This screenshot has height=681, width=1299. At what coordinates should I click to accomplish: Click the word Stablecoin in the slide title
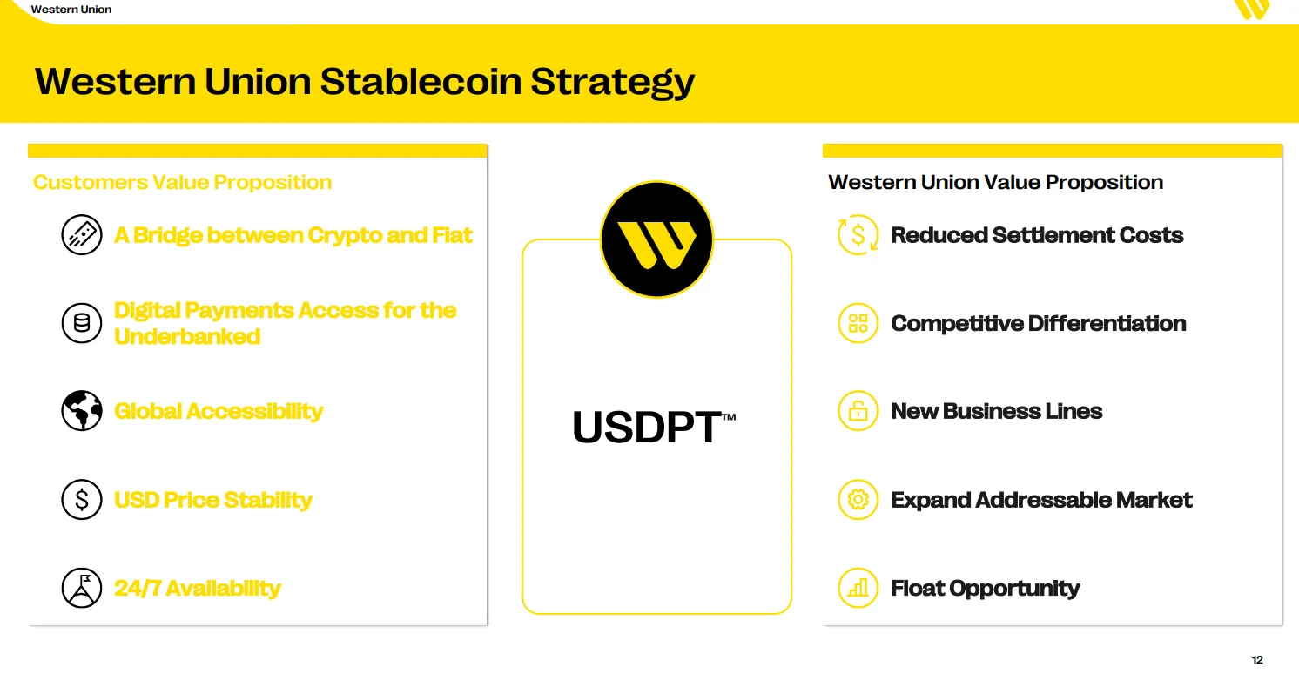pos(420,81)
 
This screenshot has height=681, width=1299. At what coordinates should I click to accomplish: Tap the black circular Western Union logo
pos(656,239)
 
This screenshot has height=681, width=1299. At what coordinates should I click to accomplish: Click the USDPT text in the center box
pos(647,428)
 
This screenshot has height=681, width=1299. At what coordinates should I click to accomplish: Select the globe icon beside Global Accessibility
pos(82,411)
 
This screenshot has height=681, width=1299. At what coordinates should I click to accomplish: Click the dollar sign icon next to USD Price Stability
pos(82,500)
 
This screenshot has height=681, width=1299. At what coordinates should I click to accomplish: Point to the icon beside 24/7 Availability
pos(82,588)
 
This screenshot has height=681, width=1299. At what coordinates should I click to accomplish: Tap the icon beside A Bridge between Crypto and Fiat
pos(82,235)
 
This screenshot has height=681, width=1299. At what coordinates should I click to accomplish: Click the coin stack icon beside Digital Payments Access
pos(82,323)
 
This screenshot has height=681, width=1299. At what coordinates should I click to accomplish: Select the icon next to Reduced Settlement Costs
pos(858,235)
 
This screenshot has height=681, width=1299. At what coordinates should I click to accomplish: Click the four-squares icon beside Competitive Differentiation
pos(858,323)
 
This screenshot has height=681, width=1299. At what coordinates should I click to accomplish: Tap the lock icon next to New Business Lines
pos(858,411)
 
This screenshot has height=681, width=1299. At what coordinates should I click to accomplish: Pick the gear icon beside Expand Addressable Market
pos(858,500)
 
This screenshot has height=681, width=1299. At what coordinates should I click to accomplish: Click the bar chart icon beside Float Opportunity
pos(858,588)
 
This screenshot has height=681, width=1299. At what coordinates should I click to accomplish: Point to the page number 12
pos(1257,659)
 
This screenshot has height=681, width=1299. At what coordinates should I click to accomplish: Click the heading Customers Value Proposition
pos(183,183)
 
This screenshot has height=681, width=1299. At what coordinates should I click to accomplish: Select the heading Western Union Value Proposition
pos(996,183)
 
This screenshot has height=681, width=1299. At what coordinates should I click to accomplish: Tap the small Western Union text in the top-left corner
pos(71,10)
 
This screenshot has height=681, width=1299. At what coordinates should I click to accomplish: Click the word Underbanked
pos(187,336)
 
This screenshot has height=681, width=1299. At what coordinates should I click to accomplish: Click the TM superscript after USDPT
pos(729,416)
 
